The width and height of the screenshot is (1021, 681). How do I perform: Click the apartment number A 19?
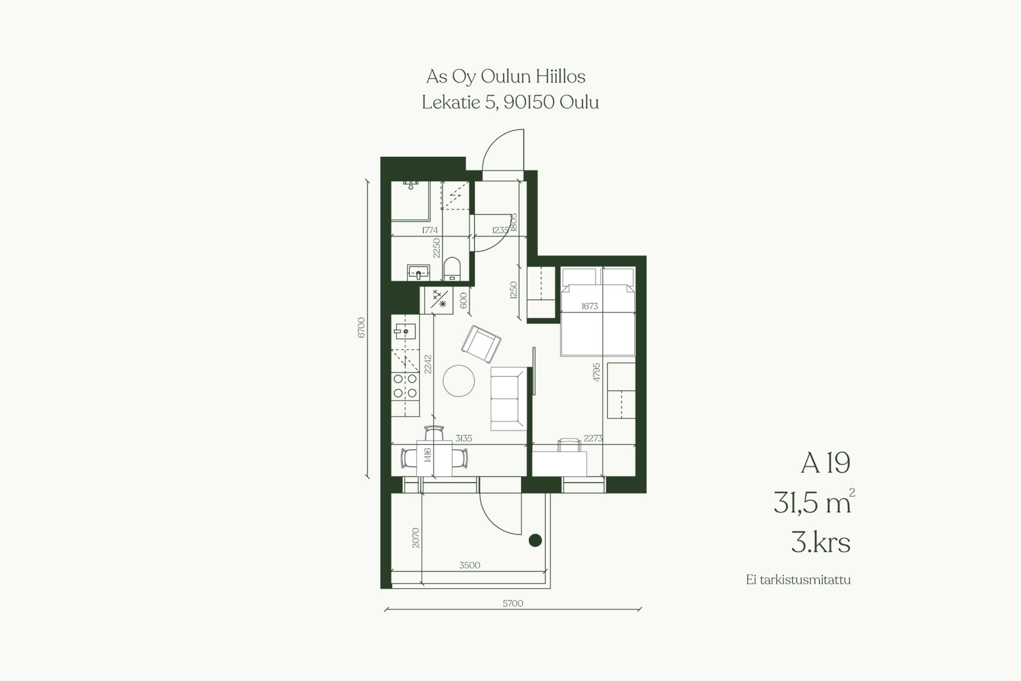(825, 464)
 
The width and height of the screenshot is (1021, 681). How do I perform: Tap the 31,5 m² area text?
(814, 502)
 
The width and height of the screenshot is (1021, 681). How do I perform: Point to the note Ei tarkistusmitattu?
(798, 580)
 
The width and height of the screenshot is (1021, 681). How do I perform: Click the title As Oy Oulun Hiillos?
(506, 77)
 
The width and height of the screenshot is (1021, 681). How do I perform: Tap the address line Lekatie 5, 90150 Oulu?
(510, 102)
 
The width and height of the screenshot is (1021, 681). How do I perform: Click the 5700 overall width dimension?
(513, 603)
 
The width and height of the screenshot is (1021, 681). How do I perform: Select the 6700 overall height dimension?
(362, 328)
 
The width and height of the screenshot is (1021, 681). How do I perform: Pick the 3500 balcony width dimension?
(470, 565)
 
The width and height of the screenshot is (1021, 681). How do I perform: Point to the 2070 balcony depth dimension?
(416, 537)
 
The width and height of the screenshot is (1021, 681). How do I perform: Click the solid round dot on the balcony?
(535, 541)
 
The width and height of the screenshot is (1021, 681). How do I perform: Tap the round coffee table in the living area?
(459, 381)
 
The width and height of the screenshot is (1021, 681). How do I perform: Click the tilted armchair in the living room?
(481, 343)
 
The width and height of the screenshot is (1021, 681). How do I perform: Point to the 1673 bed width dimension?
(590, 306)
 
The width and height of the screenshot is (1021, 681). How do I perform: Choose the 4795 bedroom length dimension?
(597, 372)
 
